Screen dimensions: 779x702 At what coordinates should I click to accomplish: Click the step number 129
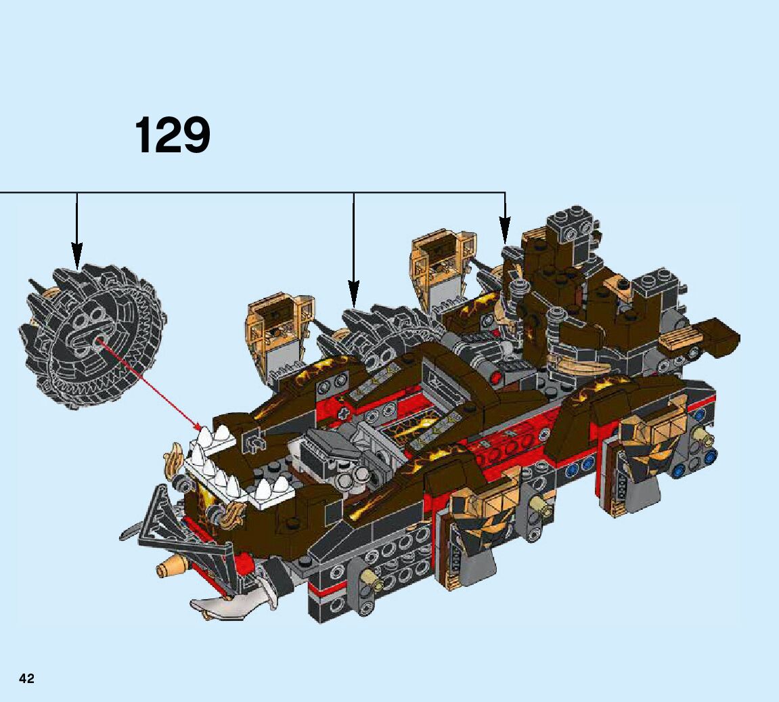(173, 135)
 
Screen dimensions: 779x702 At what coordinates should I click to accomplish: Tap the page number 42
(26, 678)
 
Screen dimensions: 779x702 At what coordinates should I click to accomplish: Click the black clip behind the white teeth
(252, 441)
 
